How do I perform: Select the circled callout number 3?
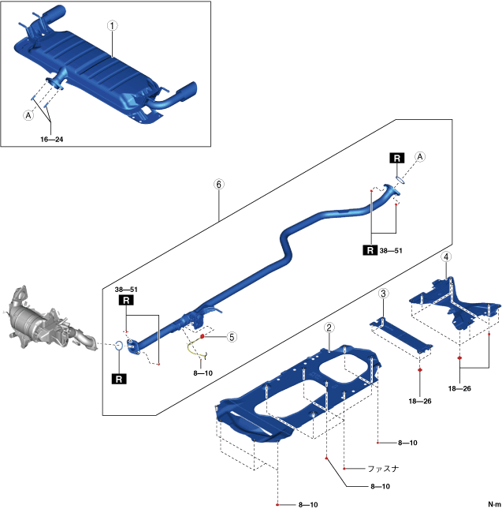[x=382, y=294]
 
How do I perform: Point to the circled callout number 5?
[x=231, y=336]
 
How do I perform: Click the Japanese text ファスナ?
[x=383, y=467]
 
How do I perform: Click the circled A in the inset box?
[x=29, y=114]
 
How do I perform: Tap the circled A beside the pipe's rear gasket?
[x=420, y=157]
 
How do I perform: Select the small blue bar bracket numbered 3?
[x=403, y=332]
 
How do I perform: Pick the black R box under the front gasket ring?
[x=119, y=380]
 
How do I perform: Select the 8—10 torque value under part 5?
[x=202, y=371]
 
